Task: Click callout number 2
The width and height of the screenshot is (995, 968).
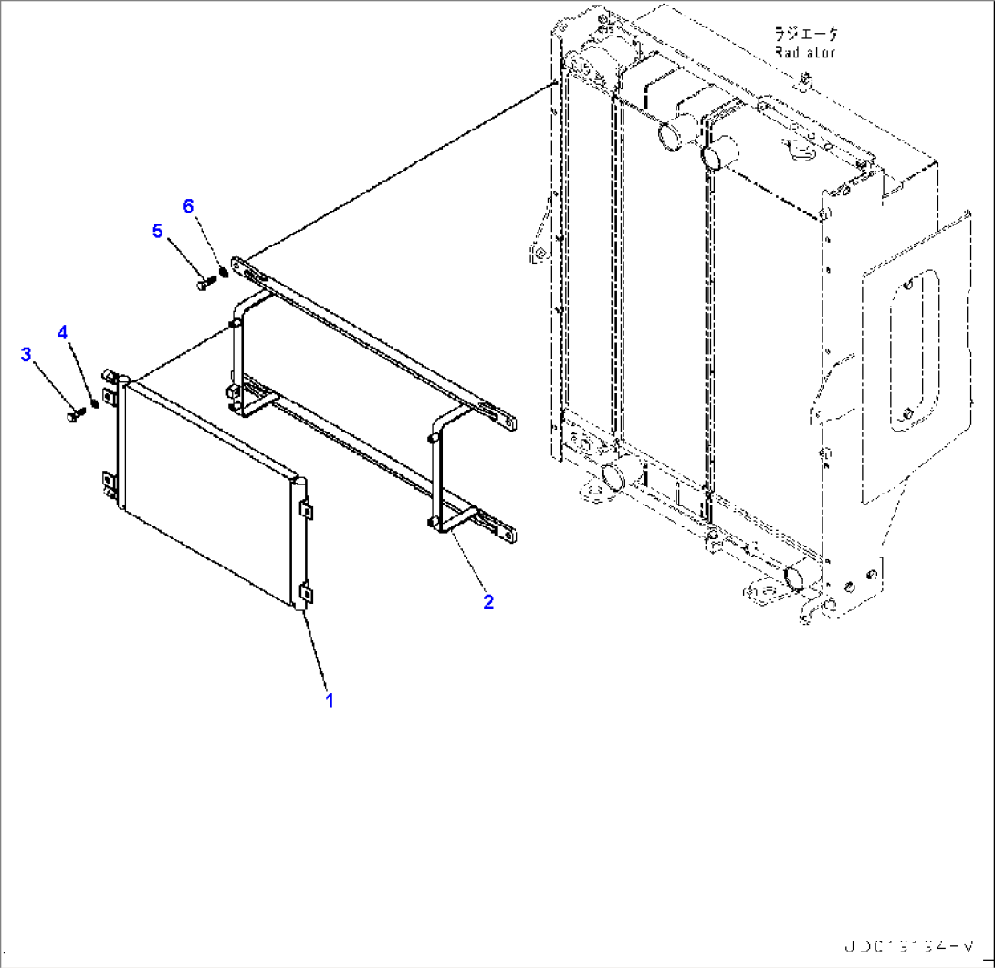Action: tap(488, 601)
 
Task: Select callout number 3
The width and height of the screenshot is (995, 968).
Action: tap(26, 353)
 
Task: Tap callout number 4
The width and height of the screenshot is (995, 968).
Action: tap(62, 332)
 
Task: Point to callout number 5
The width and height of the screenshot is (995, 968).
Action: tap(158, 231)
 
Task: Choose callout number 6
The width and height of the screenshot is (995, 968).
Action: tap(189, 206)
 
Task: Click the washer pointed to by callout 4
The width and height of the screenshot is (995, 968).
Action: tap(94, 404)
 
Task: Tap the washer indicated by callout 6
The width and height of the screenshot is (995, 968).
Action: tap(224, 272)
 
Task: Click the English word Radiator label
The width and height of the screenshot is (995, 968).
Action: tap(804, 52)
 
